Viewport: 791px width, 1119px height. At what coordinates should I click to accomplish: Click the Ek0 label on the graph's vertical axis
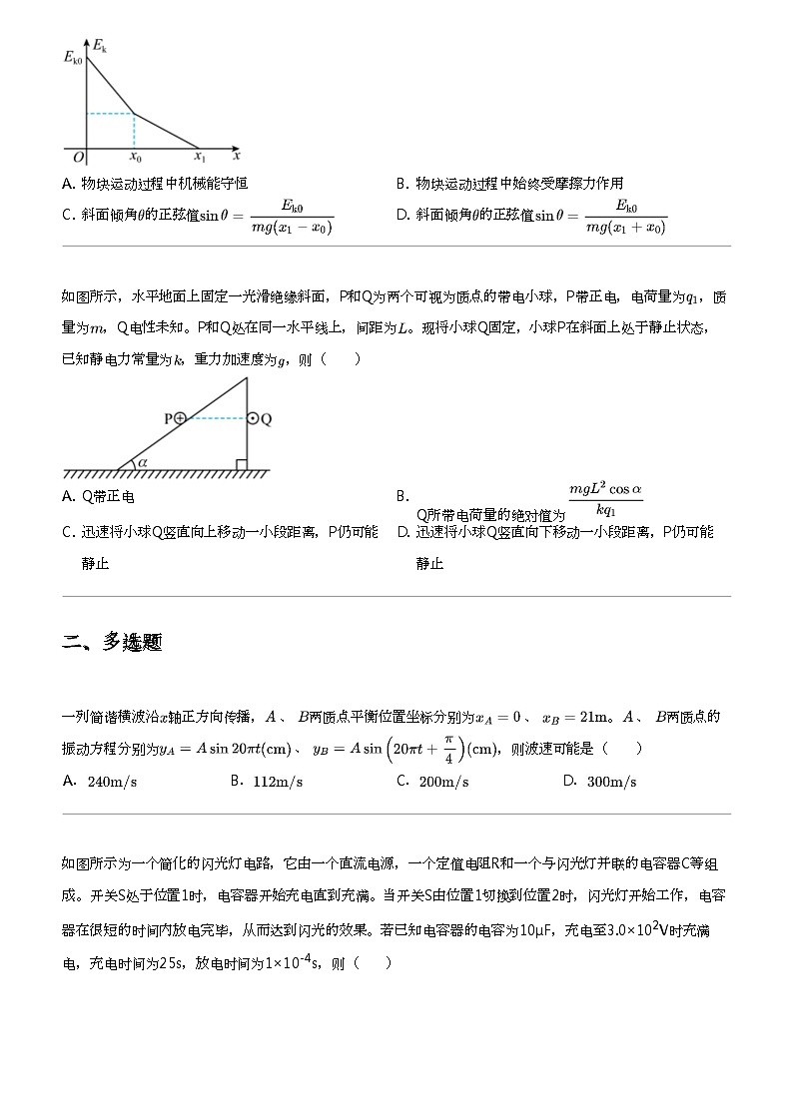click(72, 59)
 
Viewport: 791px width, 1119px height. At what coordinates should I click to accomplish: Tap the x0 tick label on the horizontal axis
click(136, 158)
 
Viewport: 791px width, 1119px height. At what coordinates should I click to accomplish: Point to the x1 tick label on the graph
click(200, 158)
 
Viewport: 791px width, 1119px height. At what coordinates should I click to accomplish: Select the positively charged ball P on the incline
click(180, 419)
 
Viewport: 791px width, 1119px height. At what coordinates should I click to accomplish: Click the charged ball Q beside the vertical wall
click(254, 419)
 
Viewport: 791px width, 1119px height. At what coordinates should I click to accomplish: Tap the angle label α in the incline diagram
click(142, 461)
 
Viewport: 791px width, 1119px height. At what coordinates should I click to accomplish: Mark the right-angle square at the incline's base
click(241, 463)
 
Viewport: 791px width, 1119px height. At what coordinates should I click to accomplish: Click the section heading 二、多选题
click(112, 643)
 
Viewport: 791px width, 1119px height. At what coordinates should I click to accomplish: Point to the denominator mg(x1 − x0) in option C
click(292, 228)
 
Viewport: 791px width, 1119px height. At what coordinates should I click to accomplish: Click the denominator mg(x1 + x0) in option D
click(625, 228)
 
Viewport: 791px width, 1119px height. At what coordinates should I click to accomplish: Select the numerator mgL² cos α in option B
click(605, 490)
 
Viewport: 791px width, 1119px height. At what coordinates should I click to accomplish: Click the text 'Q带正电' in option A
click(107, 496)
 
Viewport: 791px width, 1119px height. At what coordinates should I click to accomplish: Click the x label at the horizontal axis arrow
click(237, 156)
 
